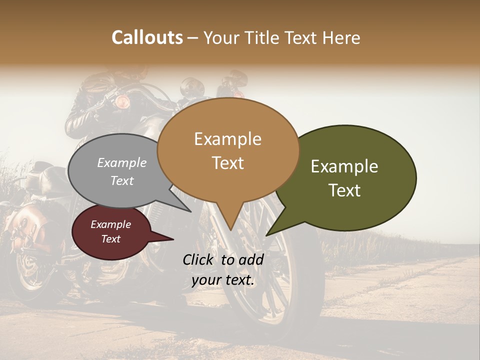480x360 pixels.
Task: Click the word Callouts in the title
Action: click(x=147, y=37)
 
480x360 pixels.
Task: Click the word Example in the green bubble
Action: click(x=344, y=166)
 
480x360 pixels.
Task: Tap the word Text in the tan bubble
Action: click(x=227, y=163)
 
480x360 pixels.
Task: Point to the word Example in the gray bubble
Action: click(x=122, y=163)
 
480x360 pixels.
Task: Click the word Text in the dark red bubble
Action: click(x=111, y=239)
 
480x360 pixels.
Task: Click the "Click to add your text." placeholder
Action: click(x=223, y=270)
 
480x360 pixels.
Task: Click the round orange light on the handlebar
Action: click(x=122, y=102)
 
